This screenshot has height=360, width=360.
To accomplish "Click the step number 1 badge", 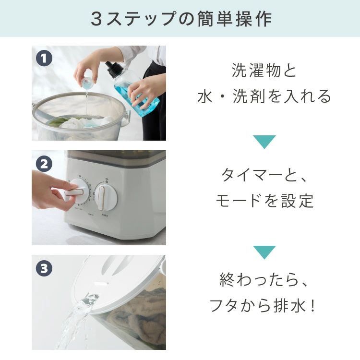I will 44,59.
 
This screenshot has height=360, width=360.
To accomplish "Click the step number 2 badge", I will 44,164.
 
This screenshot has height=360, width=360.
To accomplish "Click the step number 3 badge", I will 44,268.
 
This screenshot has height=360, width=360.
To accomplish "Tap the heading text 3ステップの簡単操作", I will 180,19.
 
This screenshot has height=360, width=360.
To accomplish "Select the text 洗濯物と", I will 264,71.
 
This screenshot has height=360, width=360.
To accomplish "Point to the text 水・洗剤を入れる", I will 264,96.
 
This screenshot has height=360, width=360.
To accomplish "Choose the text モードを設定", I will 264,201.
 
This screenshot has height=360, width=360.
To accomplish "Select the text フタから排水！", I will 264,305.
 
